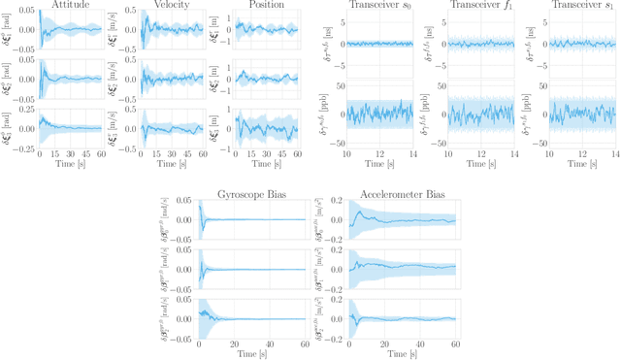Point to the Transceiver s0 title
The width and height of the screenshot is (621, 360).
(x=377, y=7)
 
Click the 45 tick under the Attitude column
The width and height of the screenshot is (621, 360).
(x=85, y=154)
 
